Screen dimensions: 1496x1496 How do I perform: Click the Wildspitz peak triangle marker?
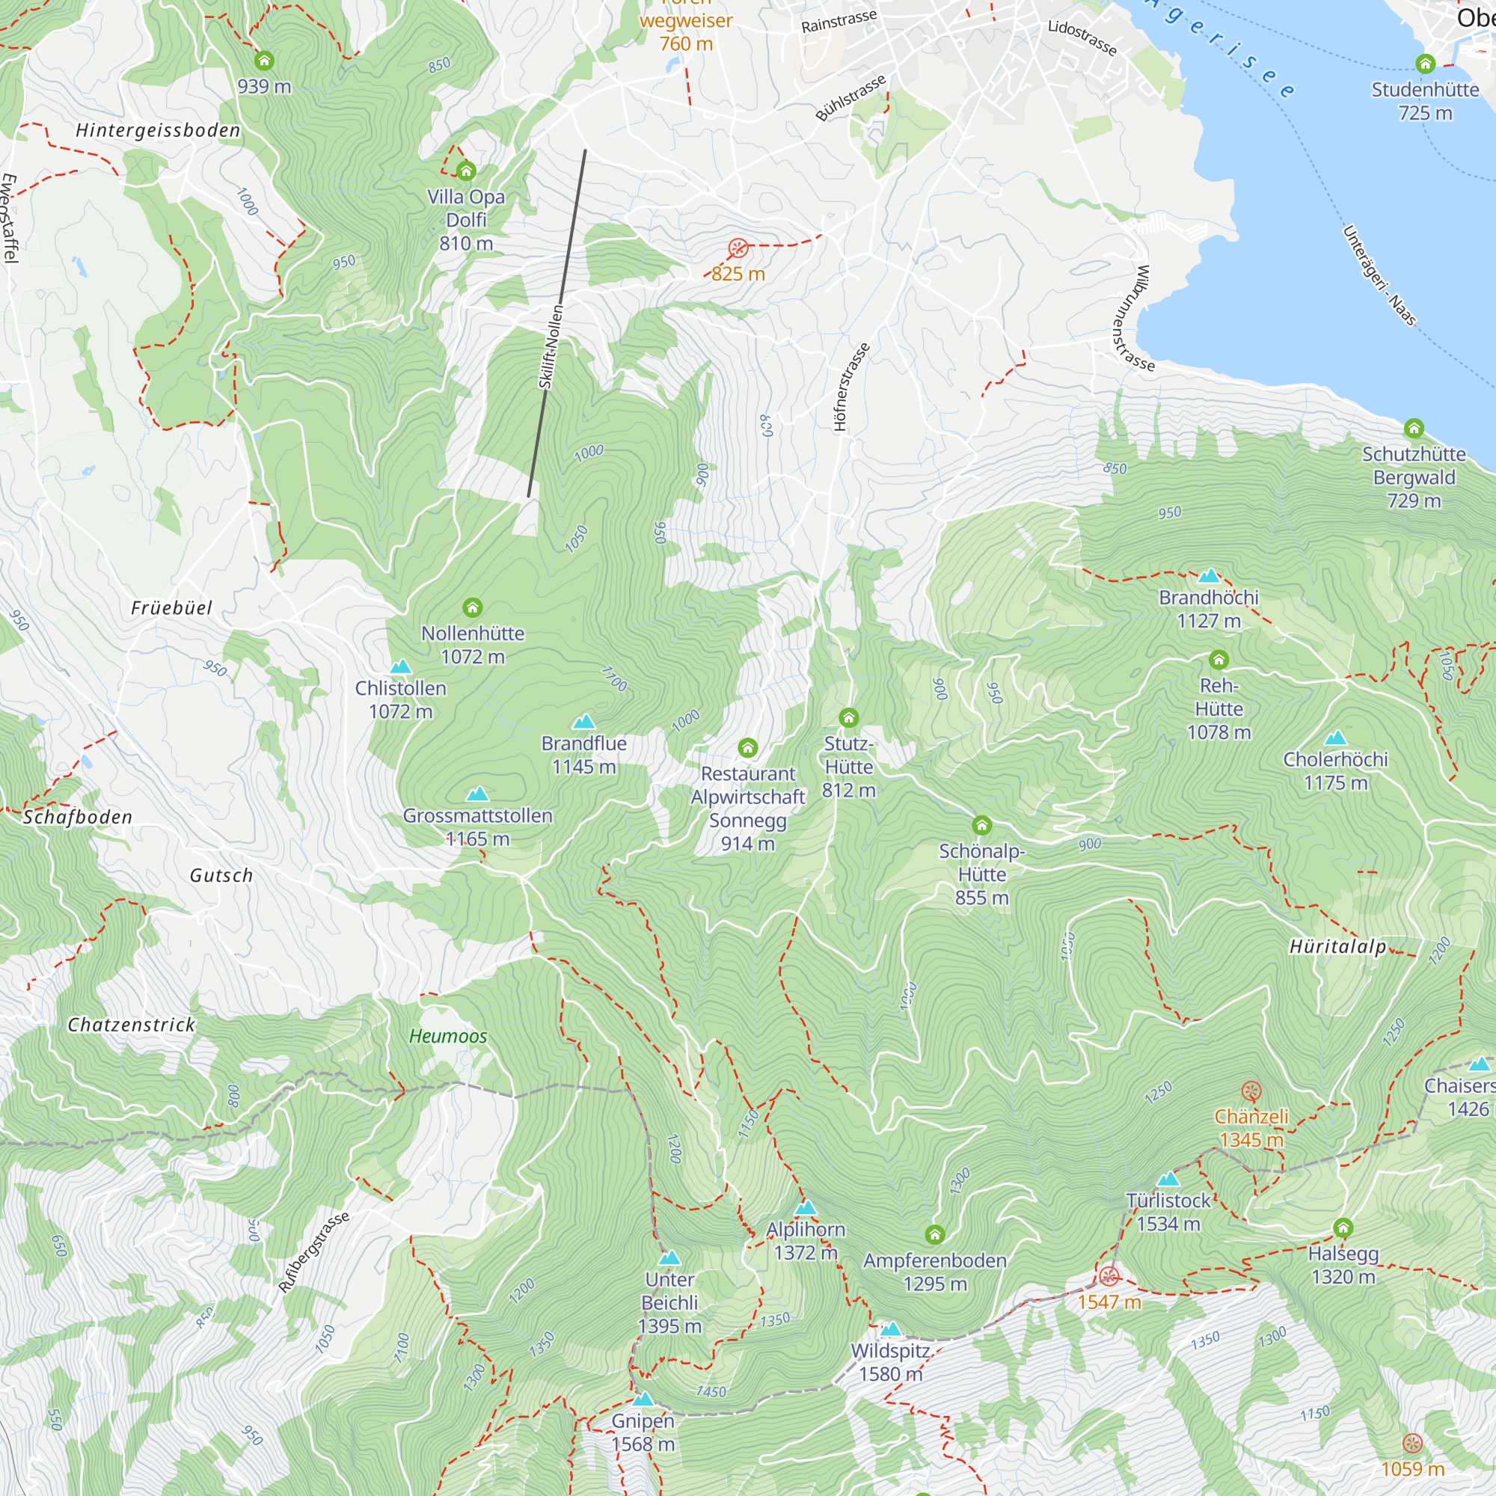point(890,1329)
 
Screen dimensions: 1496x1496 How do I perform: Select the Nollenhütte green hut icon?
point(472,607)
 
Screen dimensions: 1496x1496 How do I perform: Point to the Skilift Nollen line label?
point(551,347)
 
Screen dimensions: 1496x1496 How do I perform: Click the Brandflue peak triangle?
point(584,722)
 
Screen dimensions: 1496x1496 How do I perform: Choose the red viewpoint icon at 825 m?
point(738,248)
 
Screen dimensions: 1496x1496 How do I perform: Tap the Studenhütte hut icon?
point(1425,64)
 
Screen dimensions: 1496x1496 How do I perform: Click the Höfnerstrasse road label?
point(851,387)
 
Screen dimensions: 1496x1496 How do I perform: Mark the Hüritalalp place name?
point(1337,946)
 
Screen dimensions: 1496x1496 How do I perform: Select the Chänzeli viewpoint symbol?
point(1251,1092)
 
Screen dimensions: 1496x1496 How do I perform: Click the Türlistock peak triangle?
point(1168,1180)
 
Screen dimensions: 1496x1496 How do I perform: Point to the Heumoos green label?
point(447,1036)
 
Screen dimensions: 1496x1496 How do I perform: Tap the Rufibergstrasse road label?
point(313,1252)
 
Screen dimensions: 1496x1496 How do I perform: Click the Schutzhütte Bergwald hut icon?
point(1414,428)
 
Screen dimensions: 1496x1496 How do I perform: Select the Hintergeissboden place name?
point(158,130)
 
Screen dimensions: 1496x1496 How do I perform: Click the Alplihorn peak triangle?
point(806,1208)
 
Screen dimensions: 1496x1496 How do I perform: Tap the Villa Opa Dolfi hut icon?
point(465,171)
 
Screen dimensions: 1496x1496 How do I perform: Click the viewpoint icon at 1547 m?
point(1109,1276)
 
